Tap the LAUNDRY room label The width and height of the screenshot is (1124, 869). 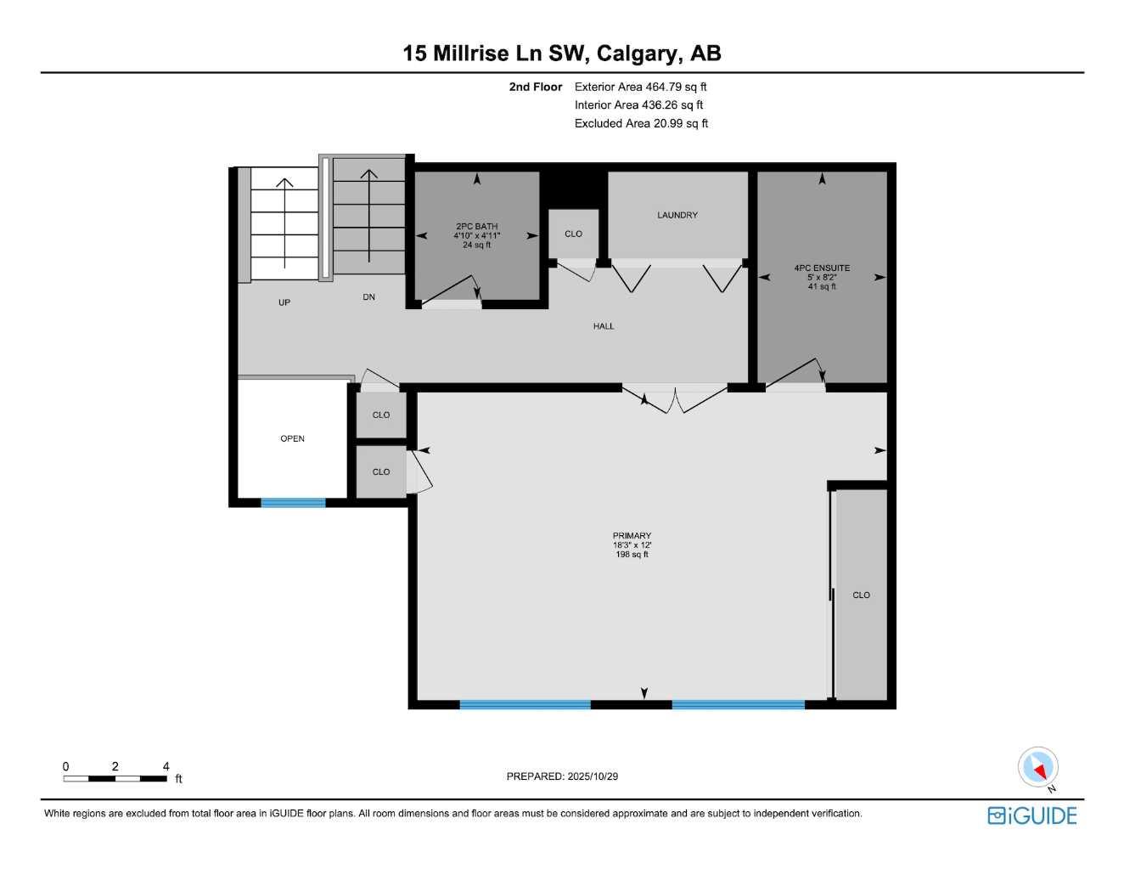pos(677,215)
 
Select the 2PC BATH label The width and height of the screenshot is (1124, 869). pos(476,227)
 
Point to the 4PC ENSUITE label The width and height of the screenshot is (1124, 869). pos(821,268)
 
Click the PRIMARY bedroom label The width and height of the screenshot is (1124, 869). pos(632,536)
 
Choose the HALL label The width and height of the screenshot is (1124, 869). pos(604,326)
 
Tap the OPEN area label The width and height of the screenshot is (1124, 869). pos(292,438)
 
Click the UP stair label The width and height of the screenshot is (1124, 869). pos(284,302)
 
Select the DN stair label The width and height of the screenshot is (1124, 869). pos(368,297)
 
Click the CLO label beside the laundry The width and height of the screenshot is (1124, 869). pos(573,234)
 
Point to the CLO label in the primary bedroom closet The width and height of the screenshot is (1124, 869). pos(861,595)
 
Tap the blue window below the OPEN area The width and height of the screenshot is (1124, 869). pos(293,503)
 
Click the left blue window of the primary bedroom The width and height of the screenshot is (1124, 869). pos(525,704)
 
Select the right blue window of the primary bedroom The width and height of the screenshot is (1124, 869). pos(738,704)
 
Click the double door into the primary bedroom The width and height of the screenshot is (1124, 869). pos(674,398)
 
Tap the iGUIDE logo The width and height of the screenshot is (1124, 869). pos(1031,815)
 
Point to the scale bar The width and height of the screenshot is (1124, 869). pos(115,778)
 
